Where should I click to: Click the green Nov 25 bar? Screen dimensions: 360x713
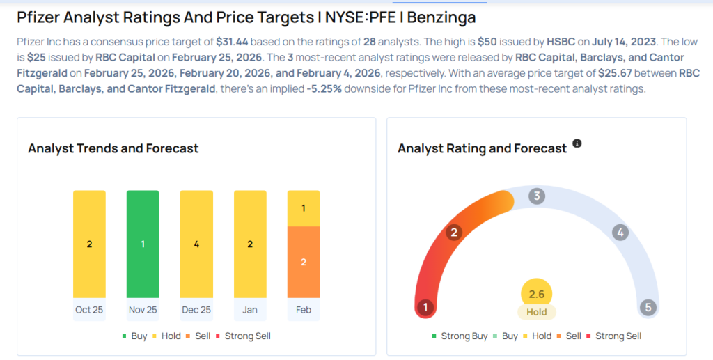tap(143, 244)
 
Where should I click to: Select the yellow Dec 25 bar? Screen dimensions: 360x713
tap(196, 244)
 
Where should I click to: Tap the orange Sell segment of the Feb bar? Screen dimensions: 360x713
tap(304, 262)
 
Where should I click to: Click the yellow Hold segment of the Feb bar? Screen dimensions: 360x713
tap(304, 208)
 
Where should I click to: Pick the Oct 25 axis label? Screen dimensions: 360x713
tap(89, 310)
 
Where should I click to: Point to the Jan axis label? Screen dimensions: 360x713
tap(250, 310)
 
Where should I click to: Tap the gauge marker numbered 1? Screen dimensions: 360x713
tap(425, 307)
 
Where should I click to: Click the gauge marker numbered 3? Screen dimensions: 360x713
tap(536, 196)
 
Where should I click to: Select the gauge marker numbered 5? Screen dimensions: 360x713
tap(648, 307)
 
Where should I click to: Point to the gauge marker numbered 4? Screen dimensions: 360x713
tap(620, 233)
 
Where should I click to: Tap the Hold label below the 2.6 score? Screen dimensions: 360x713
tap(536, 312)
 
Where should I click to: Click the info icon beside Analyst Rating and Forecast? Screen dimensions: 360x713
tap(577, 143)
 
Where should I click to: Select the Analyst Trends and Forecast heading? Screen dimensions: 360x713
tap(113, 148)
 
